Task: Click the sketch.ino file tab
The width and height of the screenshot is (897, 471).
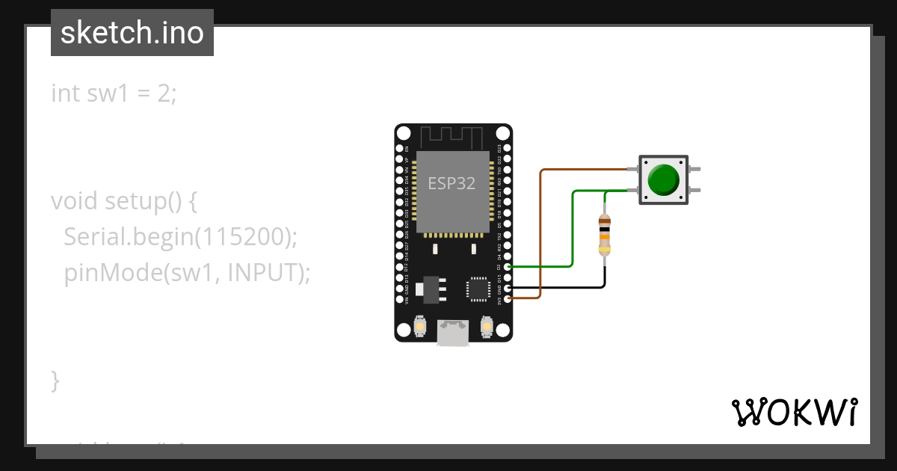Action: (132, 33)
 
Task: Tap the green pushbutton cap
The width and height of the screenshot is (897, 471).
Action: (663, 180)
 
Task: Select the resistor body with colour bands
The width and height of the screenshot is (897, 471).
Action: (605, 235)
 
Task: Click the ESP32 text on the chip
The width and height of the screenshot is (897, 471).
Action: (451, 184)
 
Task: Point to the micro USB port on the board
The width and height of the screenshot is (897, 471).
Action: (453, 333)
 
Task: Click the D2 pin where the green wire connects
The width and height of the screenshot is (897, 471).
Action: (508, 266)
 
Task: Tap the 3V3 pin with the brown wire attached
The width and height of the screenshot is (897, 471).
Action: (508, 298)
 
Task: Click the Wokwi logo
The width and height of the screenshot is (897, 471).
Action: (794, 412)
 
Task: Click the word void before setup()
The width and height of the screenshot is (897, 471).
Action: (75, 201)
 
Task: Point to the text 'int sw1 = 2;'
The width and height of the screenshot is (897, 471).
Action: (114, 93)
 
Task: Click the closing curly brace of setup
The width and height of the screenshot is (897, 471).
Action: (55, 380)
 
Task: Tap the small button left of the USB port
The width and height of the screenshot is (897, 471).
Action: (420, 327)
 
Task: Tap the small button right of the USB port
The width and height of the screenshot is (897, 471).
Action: (487, 327)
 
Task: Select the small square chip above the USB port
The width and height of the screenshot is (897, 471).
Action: (477, 289)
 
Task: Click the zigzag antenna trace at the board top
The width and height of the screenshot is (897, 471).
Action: (453, 138)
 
